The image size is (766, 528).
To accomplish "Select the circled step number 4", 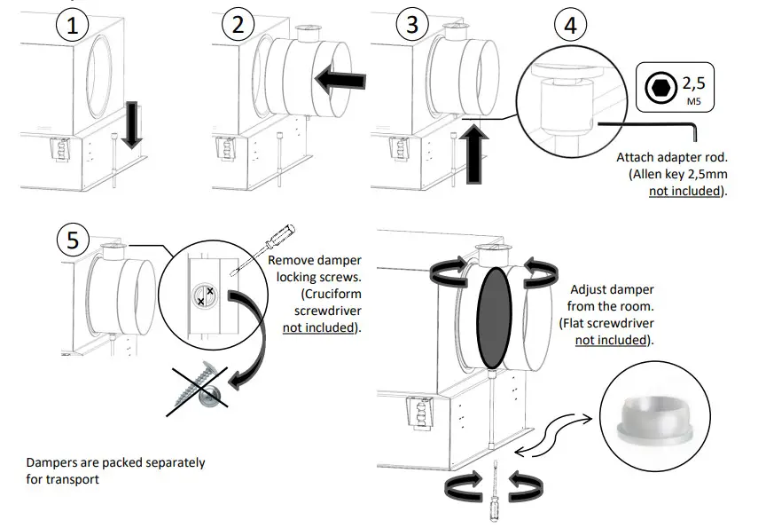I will pos(569,26).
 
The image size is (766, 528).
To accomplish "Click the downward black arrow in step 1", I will pos(131,126).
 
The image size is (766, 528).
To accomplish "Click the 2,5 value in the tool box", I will pos(693,85).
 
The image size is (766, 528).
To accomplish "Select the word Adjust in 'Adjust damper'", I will pos(592,289).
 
